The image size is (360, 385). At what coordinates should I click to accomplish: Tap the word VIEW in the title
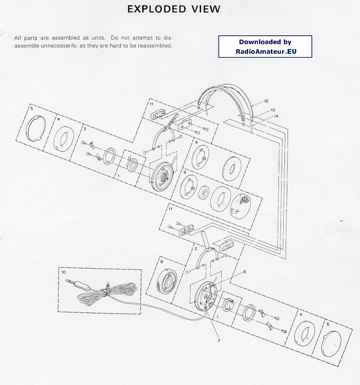(x=206, y=9)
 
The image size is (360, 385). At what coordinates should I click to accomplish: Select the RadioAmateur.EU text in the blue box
(x=266, y=51)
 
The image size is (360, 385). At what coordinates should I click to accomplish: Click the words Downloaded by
(x=265, y=42)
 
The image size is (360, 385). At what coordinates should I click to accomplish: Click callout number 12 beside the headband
(x=266, y=101)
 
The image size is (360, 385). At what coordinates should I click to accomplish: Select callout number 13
(x=273, y=110)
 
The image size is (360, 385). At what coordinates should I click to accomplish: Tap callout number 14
(x=276, y=116)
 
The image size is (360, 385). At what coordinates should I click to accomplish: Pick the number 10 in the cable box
(x=63, y=272)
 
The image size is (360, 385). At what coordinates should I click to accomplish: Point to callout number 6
(x=245, y=271)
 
